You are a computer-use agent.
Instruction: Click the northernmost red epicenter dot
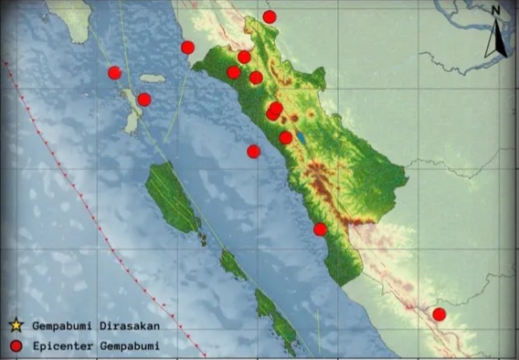[x=269, y=16]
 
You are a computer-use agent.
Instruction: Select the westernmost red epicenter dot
[x=114, y=72]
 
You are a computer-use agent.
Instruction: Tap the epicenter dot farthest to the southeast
[x=439, y=314]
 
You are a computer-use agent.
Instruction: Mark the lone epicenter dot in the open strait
[x=253, y=151]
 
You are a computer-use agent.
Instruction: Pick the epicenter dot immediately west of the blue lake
[x=286, y=138]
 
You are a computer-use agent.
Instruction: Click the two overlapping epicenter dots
[x=274, y=111]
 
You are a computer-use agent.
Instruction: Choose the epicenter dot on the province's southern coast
[x=320, y=229]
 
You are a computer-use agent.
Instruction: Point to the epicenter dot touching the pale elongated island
[x=144, y=100]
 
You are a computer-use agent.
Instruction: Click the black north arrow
[x=496, y=38]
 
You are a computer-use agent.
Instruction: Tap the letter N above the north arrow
[x=494, y=10]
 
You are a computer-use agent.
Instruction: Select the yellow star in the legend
[x=16, y=324]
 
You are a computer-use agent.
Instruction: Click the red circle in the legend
[x=16, y=345]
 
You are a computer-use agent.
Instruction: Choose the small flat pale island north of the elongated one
[x=153, y=79]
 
